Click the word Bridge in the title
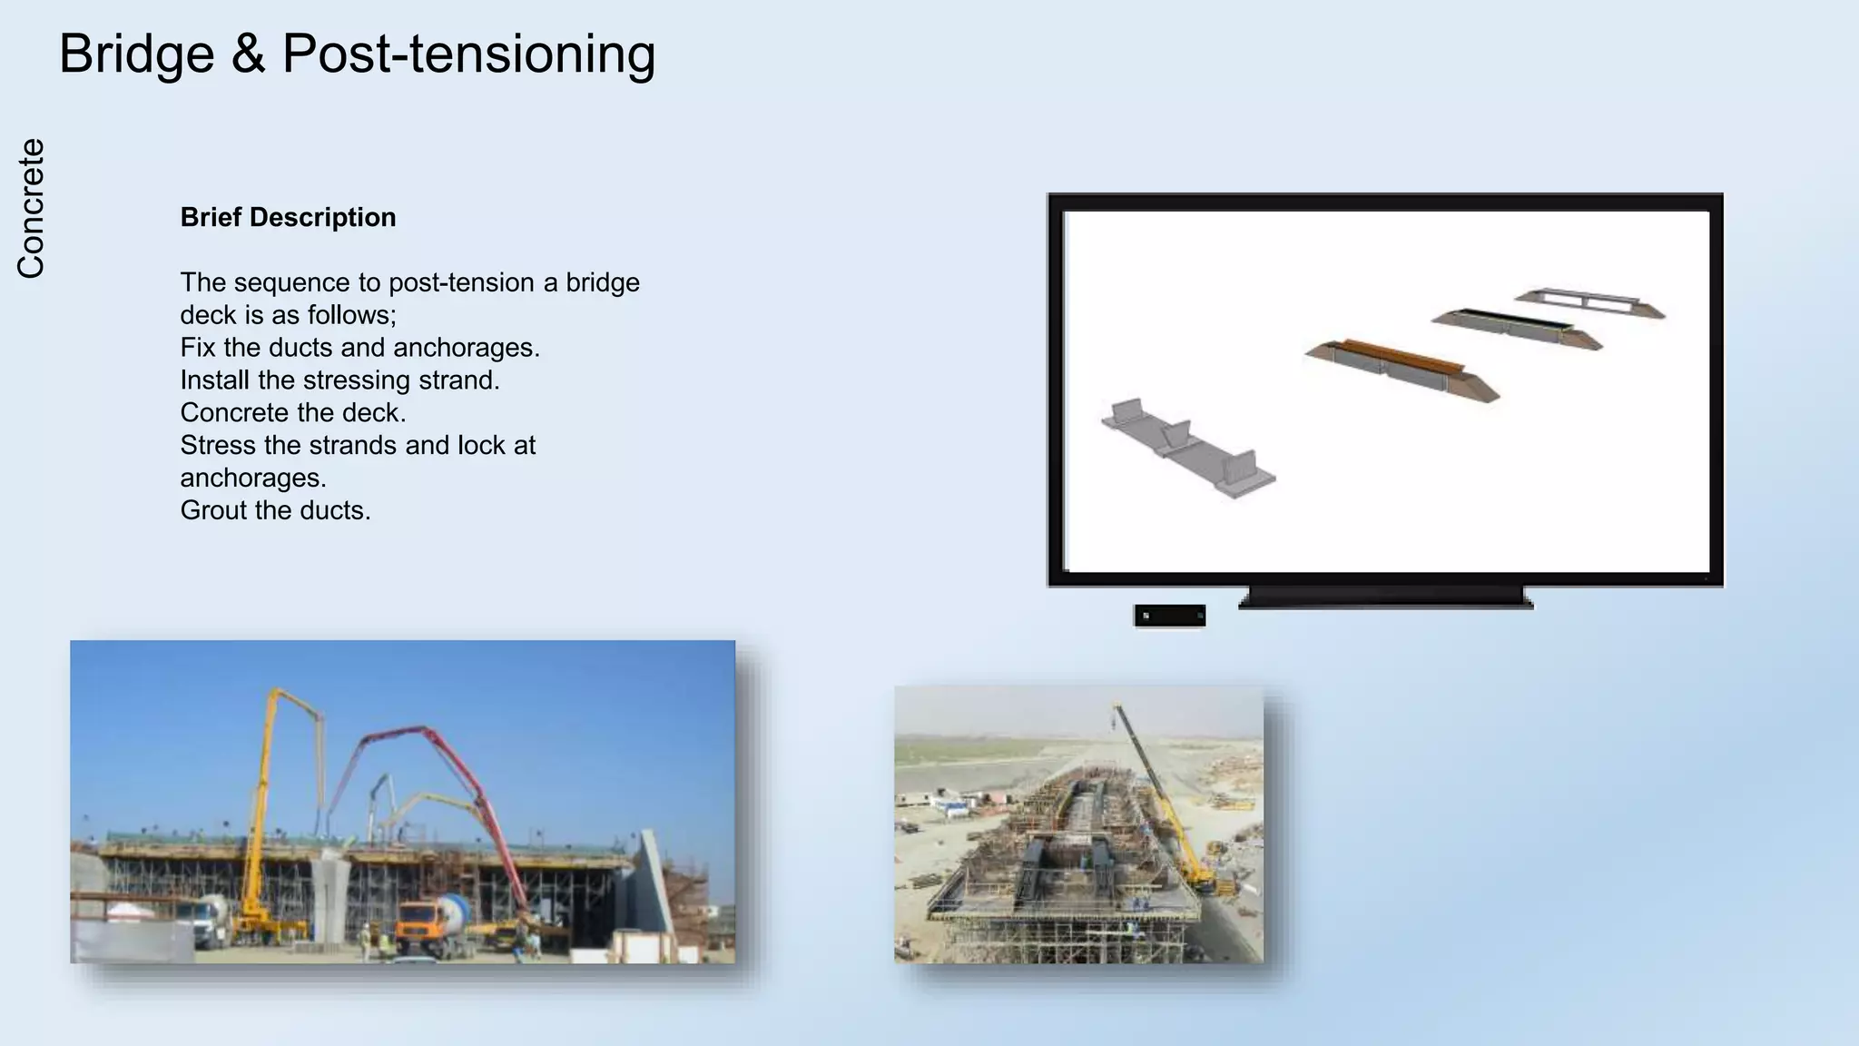click(x=136, y=54)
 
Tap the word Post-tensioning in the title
click(x=468, y=54)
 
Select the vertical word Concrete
click(x=31, y=208)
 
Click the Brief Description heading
click(x=288, y=218)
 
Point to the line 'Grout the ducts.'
click(x=275, y=510)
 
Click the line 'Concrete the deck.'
click(x=292, y=413)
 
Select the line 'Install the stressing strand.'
click(x=339, y=380)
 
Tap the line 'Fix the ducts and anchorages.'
click(x=359, y=348)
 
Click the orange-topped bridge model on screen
click(x=1401, y=368)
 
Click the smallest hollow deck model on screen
click(x=1589, y=301)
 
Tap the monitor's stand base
click(x=1385, y=597)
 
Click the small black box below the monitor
click(x=1169, y=616)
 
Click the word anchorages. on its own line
click(x=253, y=479)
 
